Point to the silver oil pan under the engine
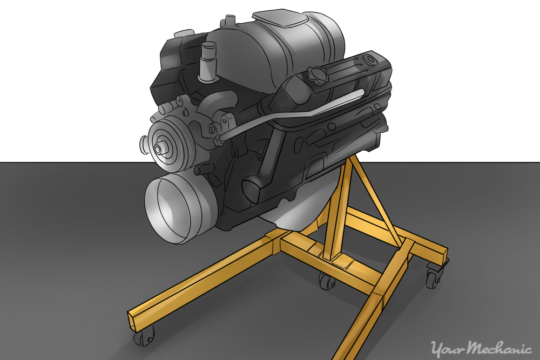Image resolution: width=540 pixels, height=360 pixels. pyautogui.click(x=292, y=219)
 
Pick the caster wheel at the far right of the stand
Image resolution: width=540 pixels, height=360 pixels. pyautogui.click(x=433, y=279)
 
